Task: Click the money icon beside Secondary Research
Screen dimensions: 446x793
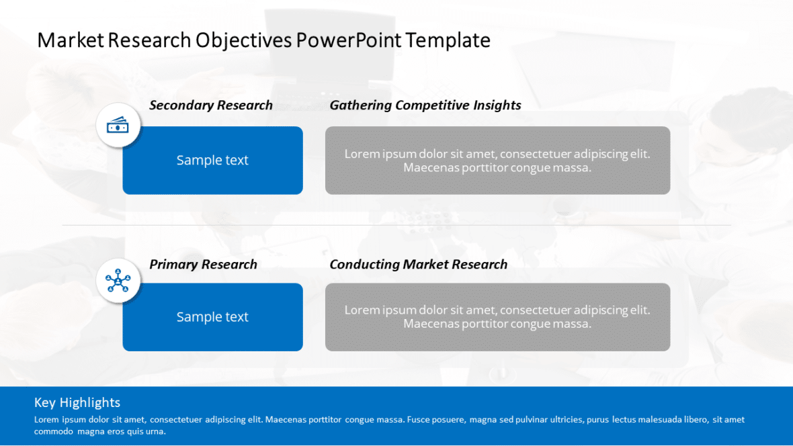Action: pyautogui.click(x=118, y=125)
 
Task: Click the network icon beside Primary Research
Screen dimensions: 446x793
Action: pyautogui.click(x=118, y=281)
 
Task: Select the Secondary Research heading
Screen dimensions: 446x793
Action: pyautogui.click(x=210, y=105)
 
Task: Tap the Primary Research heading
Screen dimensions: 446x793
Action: pyautogui.click(x=203, y=265)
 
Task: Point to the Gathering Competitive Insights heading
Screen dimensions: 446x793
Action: pyautogui.click(x=425, y=105)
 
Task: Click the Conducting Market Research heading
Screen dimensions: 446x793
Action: pyautogui.click(x=418, y=265)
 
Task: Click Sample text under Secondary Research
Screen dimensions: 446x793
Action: pyautogui.click(x=212, y=161)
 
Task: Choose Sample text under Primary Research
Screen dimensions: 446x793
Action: pyautogui.click(x=212, y=317)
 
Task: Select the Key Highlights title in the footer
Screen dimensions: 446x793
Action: pyautogui.click(x=77, y=402)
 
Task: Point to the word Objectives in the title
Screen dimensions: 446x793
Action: pyautogui.click(x=243, y=40)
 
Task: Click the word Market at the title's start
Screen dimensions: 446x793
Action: pyautogui.click(x=71, y=40)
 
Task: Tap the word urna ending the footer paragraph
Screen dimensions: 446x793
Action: pyautogui.click(x=155, y=432)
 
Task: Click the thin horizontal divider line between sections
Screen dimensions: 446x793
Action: pyautogui.click(x=396, y=225)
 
